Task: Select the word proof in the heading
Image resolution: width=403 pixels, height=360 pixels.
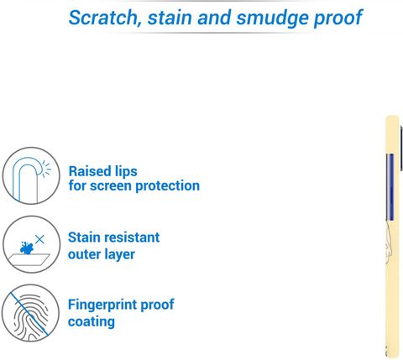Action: point(338,18)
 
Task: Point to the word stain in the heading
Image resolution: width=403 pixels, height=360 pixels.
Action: point(170,18)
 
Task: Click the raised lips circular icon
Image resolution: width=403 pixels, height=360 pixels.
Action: point(31,175)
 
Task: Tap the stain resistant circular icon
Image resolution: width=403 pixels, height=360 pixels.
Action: point(31,244)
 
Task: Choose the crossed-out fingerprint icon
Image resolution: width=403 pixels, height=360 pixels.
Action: point(30,313)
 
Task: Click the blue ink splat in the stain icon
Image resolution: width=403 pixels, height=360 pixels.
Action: point(27,248)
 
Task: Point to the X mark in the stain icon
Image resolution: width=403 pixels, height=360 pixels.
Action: point(39,239)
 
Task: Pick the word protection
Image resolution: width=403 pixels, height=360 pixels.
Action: point(168,186)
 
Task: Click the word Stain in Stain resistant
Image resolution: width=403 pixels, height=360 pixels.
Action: point(82,237)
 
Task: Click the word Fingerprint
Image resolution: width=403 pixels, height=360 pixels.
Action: point(102,305)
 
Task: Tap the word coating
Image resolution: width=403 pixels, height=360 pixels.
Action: point(92,322)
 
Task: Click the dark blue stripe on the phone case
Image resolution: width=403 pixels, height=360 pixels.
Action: point(390,186)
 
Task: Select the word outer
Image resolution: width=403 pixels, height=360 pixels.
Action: point(85,255)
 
